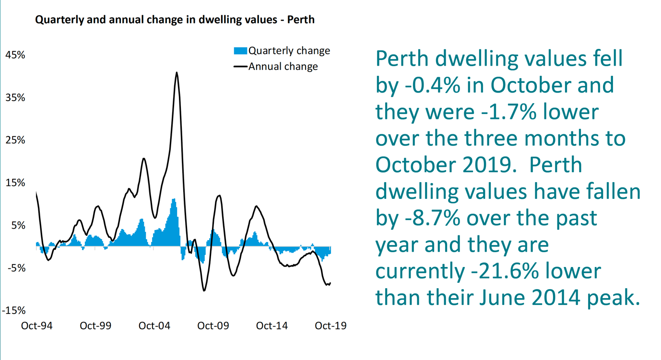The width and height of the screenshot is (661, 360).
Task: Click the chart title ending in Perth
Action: (x=175, y=20)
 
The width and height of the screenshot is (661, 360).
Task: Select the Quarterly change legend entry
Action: (x=282, y=51)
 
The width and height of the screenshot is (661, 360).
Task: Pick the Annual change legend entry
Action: (x=276, y=66)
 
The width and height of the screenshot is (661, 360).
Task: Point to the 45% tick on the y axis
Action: (x=15, y=55)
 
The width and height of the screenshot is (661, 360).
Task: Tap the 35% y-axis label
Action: (x=15, y=98)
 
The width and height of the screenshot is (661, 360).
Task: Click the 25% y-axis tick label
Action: (x=15, y=140)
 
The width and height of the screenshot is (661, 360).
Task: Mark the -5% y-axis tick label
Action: (x=15, y=268)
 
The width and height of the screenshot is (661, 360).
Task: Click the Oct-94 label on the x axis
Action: (x=37, y=326)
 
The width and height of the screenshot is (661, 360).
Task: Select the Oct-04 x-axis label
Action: (x=154, y=326)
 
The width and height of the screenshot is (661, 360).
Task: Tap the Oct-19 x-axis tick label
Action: (x=330, y=326)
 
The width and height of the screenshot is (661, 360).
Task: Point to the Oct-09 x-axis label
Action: (x=213, y=326)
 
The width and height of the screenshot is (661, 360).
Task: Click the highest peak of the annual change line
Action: (x=177, y=73)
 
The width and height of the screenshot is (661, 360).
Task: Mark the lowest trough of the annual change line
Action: (x=204, y=290)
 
